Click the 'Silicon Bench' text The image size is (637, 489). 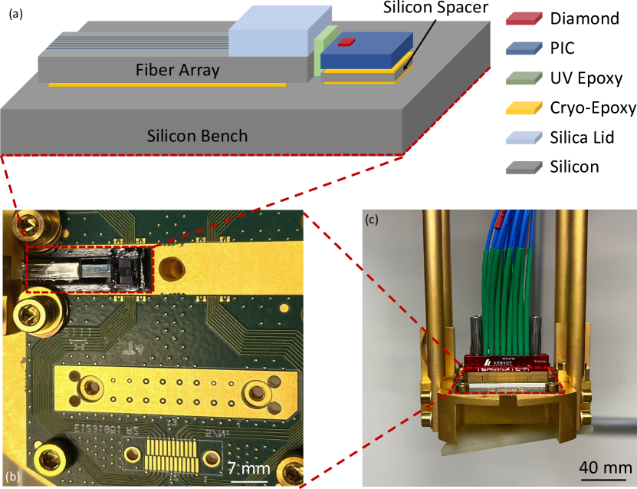(x=198, y=136)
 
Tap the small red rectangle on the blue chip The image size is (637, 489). (x=346, y=41)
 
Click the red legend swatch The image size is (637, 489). (x=524, y=18)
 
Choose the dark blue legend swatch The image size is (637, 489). (x=524, y=48)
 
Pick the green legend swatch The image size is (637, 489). (x=524, y=78)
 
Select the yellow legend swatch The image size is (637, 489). (x=524, y=107)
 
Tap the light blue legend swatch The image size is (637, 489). (x=524, y=137)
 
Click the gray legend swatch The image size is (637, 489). (x=524, y=167)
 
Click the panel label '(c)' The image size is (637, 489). (x=371, y=220)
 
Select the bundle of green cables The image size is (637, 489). (x=506, y=307)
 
